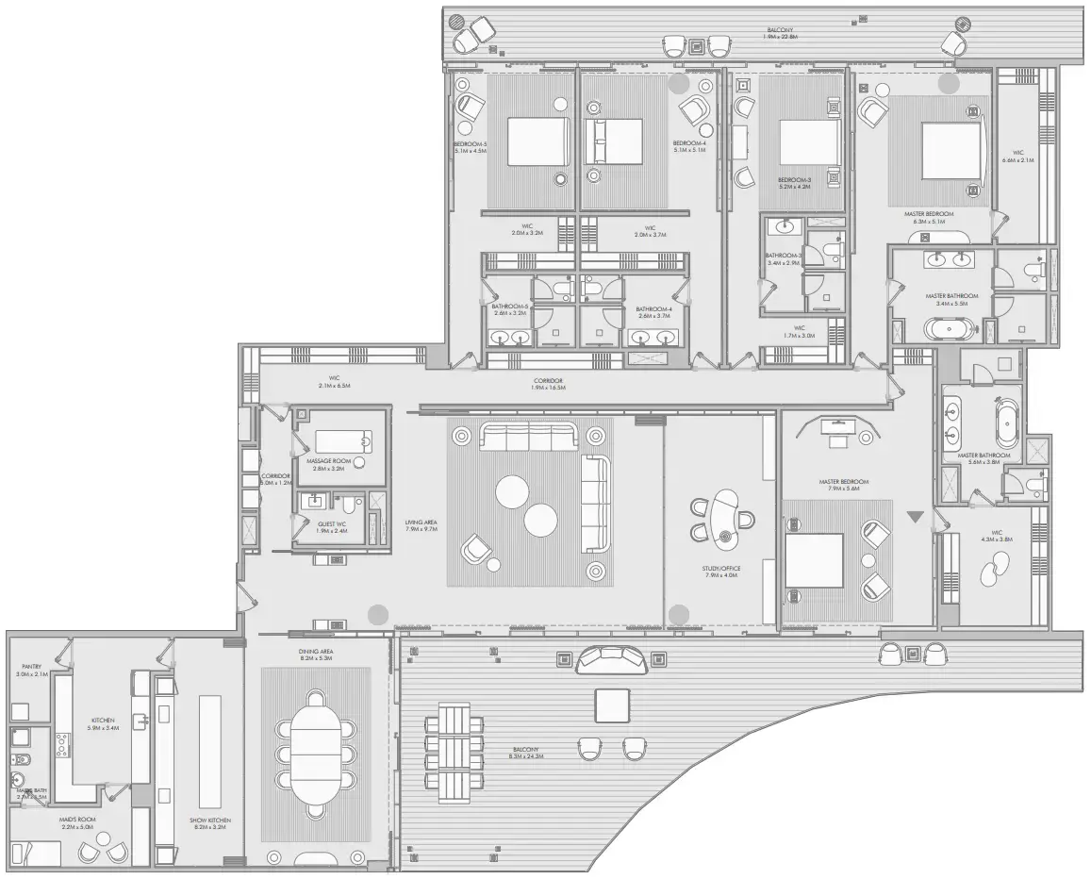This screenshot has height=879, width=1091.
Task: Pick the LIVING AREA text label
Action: pyautogui.click(x=420, y=525)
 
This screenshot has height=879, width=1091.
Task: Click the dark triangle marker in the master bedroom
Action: pyautogui.click(x=913, y=517)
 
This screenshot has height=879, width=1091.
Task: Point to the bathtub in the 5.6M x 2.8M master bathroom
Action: pyautogui.click(x=1007, y=427)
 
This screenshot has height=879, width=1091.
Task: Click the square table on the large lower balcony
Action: pyautogui.click(x=612, y=705)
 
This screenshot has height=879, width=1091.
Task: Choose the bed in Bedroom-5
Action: pyautogui.click(x=537, y=141)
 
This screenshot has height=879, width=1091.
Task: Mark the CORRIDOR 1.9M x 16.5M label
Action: pyautogui.click(x=547, y=384)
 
